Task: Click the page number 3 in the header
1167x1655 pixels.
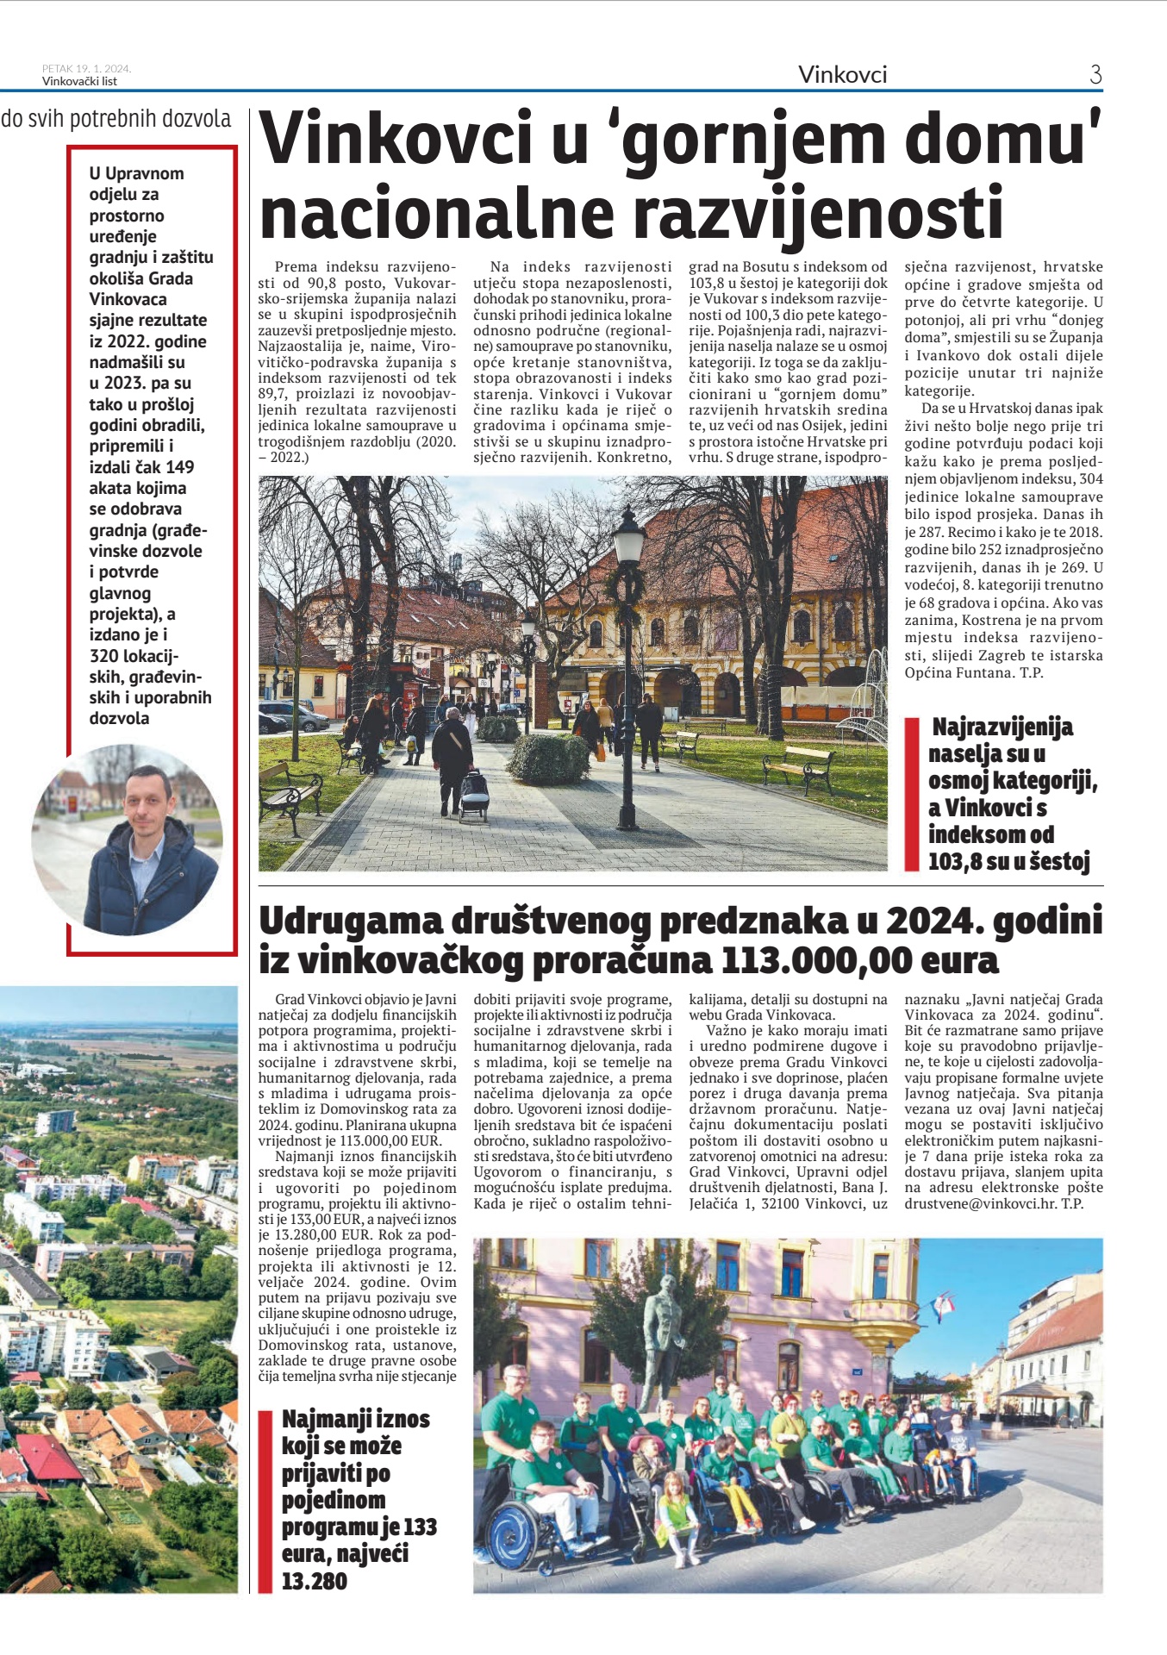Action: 1095,75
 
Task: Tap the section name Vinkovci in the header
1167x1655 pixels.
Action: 842,75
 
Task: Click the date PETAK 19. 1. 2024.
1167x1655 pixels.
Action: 86,69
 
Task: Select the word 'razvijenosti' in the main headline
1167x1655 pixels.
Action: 819,213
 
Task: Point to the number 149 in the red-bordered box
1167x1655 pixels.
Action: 180,467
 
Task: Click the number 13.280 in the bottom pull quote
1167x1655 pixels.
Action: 315,1581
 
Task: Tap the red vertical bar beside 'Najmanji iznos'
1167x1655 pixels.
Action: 265,1500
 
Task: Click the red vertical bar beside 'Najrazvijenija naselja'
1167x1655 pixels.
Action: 911,794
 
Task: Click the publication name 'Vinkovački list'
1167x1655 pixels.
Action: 79,82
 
